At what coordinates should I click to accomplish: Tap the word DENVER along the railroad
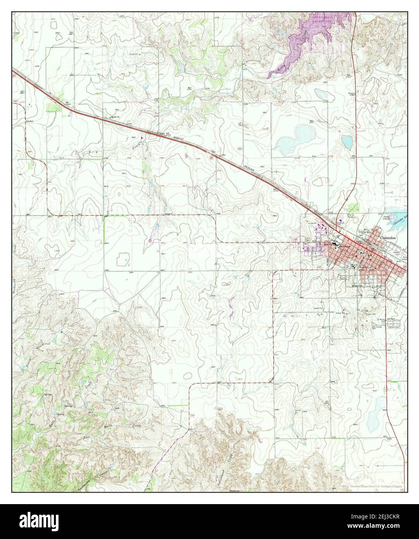point(236,163)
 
